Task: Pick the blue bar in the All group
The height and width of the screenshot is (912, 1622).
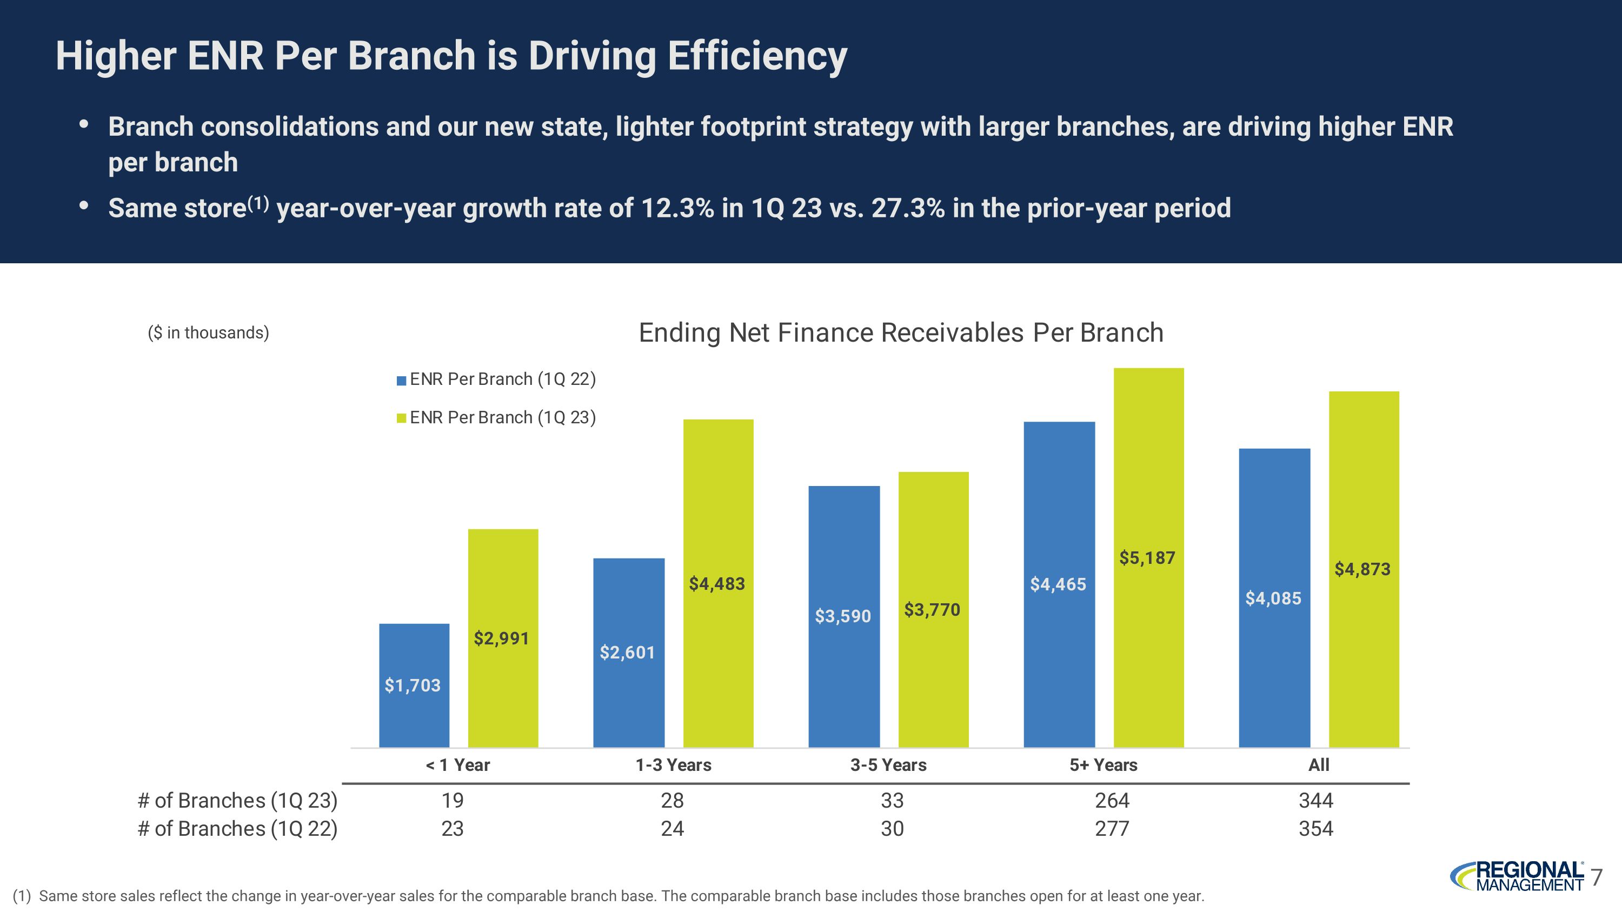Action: [x=1274, y=597]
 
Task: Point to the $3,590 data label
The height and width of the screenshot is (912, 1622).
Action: [x=842, y=616]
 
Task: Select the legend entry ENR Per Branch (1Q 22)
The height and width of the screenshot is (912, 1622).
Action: [x=496, y=379]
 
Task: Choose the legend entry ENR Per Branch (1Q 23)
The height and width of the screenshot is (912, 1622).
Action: [x=496, y=417]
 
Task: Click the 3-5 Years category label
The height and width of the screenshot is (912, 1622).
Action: [x=888, y=765]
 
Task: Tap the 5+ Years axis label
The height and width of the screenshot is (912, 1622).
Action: [x=1103, y=765]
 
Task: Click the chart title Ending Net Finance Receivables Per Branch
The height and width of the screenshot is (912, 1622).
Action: [x=900, y=332]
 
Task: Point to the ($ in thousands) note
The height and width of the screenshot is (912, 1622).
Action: [x=208, y=332]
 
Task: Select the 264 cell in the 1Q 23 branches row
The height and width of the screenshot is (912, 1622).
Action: [x=1112, y=800]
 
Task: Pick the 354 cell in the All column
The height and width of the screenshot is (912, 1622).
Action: [x=1315, y=828]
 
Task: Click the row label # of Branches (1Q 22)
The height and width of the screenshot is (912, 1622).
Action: [x=237, y=828]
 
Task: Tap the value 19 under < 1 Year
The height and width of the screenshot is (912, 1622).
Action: [x=452, y=800]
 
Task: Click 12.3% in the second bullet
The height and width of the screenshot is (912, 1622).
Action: [x=677, y=208]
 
